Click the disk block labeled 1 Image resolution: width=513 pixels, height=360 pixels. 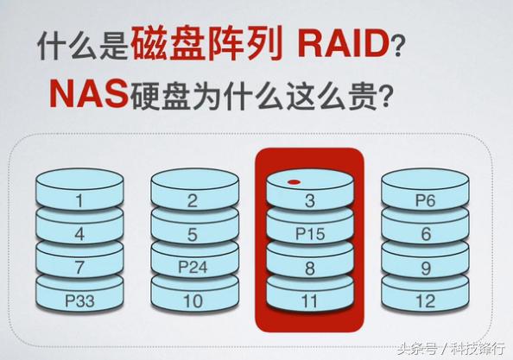[79, 193]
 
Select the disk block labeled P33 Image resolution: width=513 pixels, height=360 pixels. [79, 296]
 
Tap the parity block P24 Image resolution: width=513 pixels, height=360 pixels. [194, 262]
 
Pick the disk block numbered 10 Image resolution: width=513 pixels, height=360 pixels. [194, 296]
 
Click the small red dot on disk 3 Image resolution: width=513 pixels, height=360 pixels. [294, 182]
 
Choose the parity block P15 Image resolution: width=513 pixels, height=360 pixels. [310, 229]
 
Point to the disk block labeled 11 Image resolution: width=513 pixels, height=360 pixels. [310, 296]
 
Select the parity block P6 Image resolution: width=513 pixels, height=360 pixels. [425, 193]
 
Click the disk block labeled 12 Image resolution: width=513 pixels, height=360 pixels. [425, 296]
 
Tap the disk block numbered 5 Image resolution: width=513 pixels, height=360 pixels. [194, 229]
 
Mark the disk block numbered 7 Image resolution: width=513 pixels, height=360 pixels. [79, 262]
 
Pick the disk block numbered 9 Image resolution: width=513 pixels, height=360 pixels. [425, 262]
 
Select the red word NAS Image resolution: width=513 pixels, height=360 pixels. [88, 93]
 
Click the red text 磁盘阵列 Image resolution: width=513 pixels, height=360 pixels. [206, 43]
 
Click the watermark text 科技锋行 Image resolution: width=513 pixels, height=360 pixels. [478, 349]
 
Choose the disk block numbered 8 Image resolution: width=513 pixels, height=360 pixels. [310, 262]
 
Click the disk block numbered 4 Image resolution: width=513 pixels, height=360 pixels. [79, 229]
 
